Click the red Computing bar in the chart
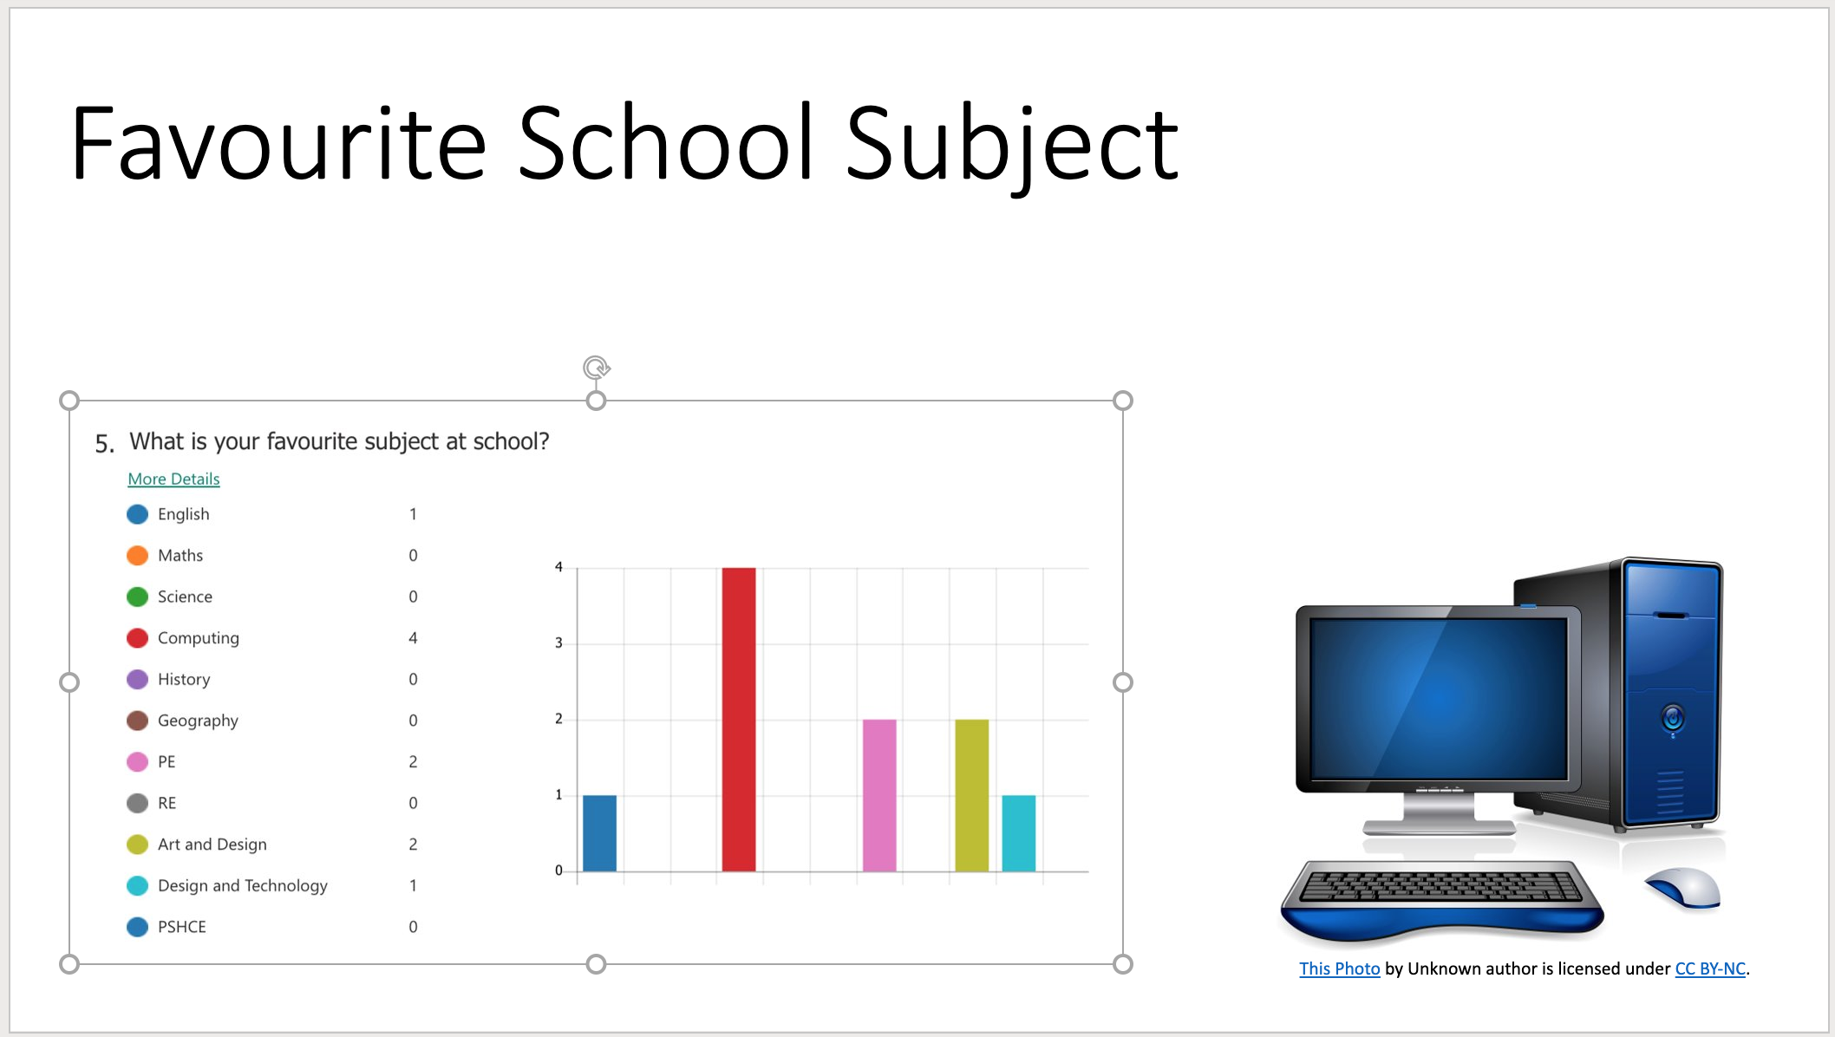[739, 720]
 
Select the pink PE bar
[879, 795]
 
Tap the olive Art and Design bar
[972, 795]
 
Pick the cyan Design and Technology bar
[1019, 833]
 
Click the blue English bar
[600, 833]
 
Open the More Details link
[173, 479]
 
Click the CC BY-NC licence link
[1710, 969]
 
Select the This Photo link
[1339, 969]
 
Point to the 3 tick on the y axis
[558, 642]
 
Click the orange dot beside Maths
[137, 555]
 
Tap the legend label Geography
[198, 721]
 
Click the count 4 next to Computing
[413, 638]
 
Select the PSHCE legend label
[182, 927]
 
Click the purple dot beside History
[137, 679]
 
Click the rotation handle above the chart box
[597, 368]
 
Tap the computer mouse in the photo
[1682, 889]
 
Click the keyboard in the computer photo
[1442, 898]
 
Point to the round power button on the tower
[1673, 719]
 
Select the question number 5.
[104, 444]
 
